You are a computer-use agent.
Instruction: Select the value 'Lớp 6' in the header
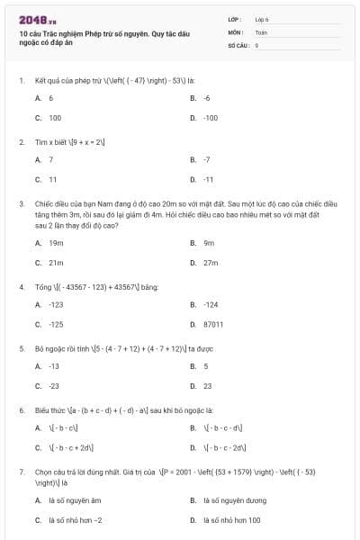262,18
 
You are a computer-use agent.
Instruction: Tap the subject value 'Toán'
261,31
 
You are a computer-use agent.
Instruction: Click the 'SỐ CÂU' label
238,44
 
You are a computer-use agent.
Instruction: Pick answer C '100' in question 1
54,118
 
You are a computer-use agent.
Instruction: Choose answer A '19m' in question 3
56,243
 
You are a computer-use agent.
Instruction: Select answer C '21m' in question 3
56,263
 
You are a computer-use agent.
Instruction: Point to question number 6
21,409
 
